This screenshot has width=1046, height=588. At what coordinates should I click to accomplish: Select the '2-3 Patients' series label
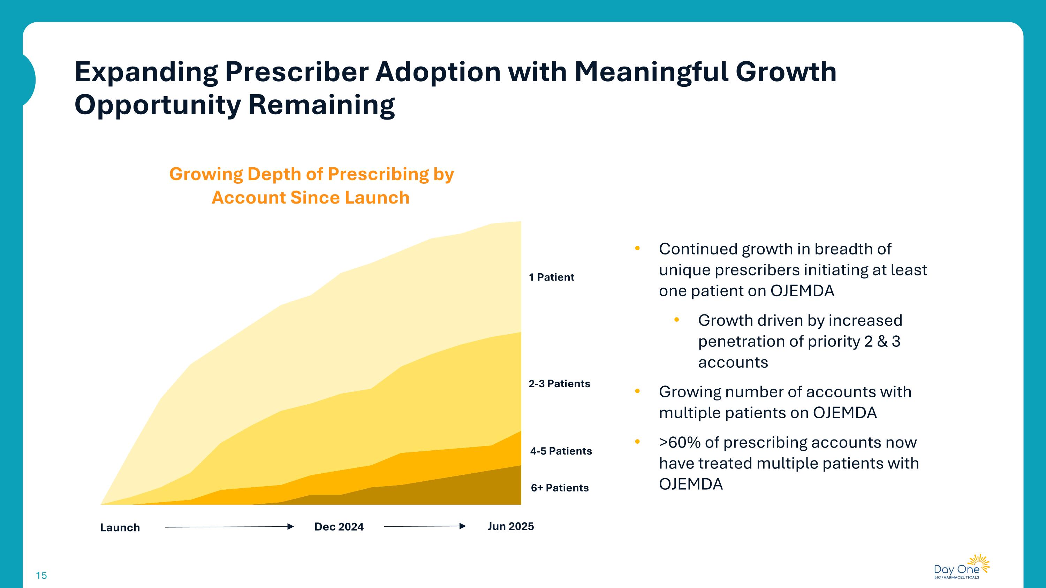point(559,383)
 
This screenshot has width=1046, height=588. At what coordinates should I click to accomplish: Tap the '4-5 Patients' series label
point(561,451)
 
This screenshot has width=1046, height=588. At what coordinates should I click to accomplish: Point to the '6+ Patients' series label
point(560,487)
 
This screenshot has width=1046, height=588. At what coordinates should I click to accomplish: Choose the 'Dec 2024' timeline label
point(339,526)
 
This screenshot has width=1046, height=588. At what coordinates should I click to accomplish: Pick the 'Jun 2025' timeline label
point(510,526)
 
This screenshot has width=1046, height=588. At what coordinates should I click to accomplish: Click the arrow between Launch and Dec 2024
point(229,527)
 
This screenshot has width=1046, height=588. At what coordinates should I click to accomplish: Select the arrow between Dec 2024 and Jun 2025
point(424,526)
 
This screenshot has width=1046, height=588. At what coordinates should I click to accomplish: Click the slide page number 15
point(41,575)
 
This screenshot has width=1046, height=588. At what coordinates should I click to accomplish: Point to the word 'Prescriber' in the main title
point(296,72)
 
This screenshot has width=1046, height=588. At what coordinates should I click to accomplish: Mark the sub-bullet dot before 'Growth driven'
point(676,320)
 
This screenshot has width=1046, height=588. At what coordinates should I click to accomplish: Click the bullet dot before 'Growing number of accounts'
point(637,391)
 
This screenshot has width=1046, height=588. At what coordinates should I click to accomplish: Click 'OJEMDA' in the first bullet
point(802,291)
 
